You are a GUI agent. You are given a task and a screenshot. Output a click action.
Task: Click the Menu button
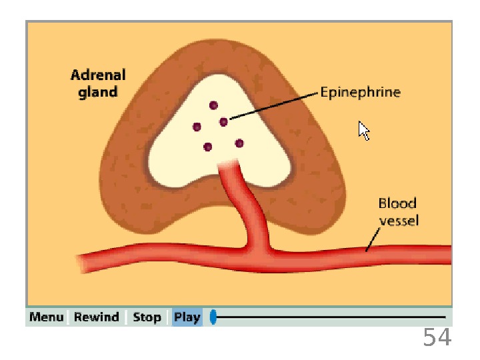click(47, 317)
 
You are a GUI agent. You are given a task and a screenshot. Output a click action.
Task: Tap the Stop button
click(147, 317)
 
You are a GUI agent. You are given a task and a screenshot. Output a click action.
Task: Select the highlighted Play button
click(187, 317)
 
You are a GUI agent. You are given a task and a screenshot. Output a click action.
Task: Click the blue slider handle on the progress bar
click(213, 317)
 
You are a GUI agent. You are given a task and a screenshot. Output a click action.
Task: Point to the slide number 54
click(437, 338)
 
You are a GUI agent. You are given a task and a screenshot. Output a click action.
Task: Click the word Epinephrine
click(360, 92)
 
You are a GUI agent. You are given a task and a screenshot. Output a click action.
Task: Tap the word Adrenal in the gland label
click(98, 75)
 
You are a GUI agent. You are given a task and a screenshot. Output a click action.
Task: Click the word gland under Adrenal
click(98, 92)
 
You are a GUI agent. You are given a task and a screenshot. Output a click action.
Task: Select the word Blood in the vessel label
click(397, 203)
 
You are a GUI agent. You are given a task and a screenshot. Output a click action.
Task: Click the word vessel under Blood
click(399, 220)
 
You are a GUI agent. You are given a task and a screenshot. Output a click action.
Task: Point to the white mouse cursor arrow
click(363, 130)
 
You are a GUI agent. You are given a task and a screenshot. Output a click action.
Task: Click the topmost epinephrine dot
click(213, 105)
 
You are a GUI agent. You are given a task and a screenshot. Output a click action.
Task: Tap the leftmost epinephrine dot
click(197, 127)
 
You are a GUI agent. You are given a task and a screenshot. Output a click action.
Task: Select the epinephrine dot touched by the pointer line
click(223, 121)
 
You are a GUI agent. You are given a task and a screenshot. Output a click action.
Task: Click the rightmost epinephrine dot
click(239, 143)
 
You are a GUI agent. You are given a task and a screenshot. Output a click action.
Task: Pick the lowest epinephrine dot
click(208, 147)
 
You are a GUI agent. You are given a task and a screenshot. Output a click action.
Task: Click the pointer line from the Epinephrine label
click(273, 107)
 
